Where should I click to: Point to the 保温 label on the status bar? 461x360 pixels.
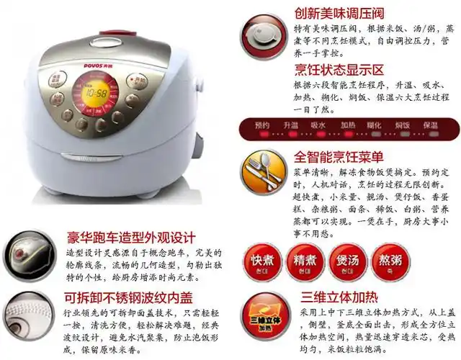point(430,125)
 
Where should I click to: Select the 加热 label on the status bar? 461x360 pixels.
point(348,125)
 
